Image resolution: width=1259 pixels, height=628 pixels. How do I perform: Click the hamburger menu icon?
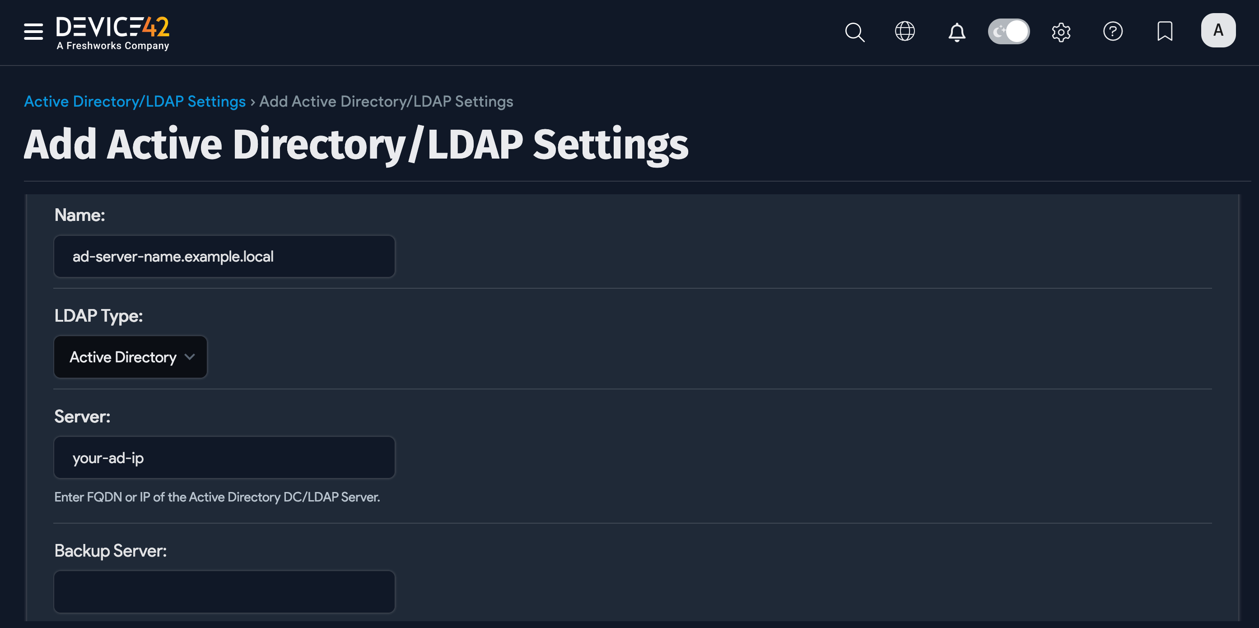[x=33, y=31]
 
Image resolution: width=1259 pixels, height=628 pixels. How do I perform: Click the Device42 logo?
[x=112, y=28]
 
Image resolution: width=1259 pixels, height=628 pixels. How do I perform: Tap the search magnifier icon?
[x=854, y=32]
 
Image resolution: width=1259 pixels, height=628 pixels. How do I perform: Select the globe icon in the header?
[x=905, y=31]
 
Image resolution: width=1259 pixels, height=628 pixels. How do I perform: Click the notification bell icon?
[x=956, y=32]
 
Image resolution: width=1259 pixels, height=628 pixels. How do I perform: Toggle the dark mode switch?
[x=1008, y=31]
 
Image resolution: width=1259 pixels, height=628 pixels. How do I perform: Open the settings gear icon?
[x=1061, y=32]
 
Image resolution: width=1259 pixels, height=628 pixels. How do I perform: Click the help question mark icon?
[x=1112, y=31]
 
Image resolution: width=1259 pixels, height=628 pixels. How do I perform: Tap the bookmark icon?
[x=1165, y=31]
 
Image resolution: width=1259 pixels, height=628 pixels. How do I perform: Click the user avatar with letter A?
[x=1218, y=30]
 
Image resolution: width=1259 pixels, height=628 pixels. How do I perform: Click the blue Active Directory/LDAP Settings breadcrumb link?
[x=135, y=101]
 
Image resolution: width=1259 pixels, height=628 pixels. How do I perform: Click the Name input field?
[x=224, y=256]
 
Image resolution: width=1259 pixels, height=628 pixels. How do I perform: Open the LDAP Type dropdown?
[x=131, y=357]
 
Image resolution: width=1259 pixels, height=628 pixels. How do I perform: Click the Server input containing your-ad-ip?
[x=224, y=458]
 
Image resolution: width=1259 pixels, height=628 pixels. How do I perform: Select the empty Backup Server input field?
[x=224, y=592]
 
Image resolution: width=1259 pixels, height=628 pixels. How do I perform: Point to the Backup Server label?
[x=111, y=551]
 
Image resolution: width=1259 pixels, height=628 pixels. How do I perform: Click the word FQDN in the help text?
[x=104, y=497]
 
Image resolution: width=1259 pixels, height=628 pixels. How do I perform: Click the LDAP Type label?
[x=99, y=316]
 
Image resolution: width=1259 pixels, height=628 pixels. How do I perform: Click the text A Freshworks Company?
[x=113, y=46]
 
